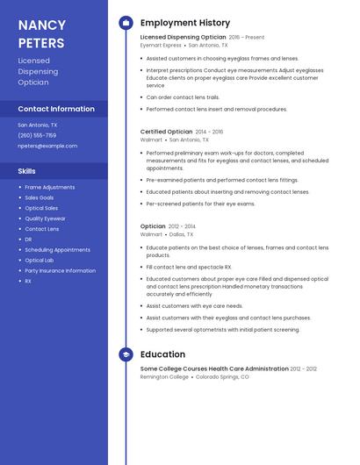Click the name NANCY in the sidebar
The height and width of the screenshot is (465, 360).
(x=41, y=25)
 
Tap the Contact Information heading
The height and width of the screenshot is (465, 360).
(x=56, y=109)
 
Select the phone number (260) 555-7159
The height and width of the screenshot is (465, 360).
(x=37, y=135)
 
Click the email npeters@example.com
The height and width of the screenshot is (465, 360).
(x=47, y=146)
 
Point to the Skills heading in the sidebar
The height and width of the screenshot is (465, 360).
(x=26, y=170)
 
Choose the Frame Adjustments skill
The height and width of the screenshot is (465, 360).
(x=49, y=187)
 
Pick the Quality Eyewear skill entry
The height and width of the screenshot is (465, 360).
(x=45, y=218)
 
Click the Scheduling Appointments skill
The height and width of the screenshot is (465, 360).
(x=57, y=250)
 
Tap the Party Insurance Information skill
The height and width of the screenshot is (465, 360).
(x=60, y=271)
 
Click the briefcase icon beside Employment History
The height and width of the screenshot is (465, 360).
(x=126, y=23)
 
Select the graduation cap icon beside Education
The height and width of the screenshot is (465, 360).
(x=126, y=354)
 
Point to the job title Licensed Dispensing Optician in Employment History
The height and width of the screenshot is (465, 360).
(x=183, y=38)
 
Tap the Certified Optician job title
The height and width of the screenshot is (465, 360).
(x=166, y=132)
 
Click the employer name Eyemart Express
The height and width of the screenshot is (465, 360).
(x=161, y=45)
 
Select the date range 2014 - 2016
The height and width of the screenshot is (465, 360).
(x=209, y=132)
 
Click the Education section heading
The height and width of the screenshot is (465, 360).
(x=162, y=354)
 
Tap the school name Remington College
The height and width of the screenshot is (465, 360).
(x=164, y=376)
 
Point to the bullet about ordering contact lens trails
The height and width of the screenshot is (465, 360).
(x=183, y=97)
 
